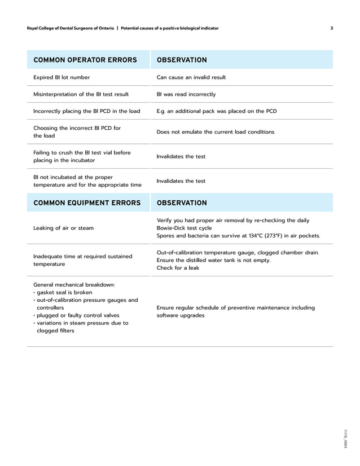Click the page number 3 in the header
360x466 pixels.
pos(331,28)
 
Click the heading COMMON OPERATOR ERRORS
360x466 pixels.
pos(85,60)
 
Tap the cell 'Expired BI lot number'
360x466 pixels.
pos(62,77)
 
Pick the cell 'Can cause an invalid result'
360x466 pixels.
pos(191,77)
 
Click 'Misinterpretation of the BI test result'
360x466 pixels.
pos(81,94)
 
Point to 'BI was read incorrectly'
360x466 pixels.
pos(186,94)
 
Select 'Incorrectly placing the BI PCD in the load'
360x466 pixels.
pos(87,111)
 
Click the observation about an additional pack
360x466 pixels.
pos(216,111)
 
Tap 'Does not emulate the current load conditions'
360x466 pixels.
pos(215,131)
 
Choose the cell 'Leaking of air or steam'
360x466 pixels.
pos(64,228)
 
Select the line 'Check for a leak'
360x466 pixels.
pos(178,268)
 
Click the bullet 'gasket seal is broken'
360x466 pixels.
pos(64,293)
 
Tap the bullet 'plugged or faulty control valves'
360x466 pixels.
pos(77,315)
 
